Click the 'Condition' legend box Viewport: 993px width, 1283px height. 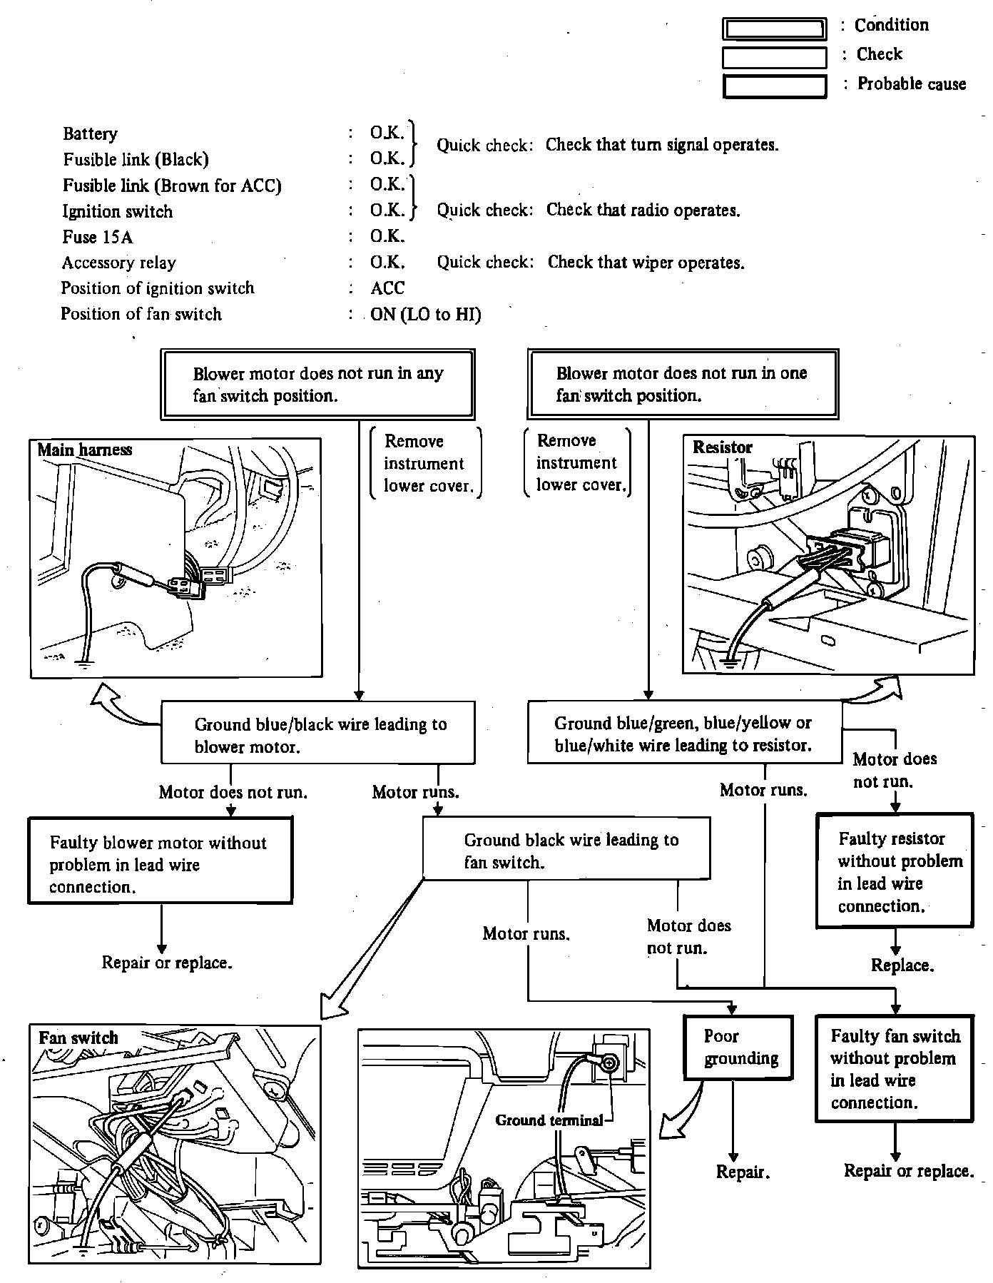tap(774, 29)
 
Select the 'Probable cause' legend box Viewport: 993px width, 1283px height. tap(774, 86)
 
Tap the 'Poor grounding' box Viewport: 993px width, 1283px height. tap(738, 1047)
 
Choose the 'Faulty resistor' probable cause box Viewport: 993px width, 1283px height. tap(895, 871)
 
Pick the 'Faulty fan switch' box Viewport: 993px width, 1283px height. tap(895, 1068)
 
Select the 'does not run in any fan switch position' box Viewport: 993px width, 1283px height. tap(317, 384)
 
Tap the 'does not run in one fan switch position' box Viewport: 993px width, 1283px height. tap(683, 384)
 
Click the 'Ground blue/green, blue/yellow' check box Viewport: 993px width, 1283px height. tap(684, 733)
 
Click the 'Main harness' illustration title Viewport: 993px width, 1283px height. tap(84, 450)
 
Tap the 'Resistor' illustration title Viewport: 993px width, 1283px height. tap(722, 447)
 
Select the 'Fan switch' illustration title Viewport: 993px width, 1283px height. tap(78, 1037)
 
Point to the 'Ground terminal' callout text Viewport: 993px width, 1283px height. tap(549, 1120)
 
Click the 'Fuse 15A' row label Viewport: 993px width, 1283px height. tap(98, 237)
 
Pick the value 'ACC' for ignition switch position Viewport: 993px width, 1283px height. tap(387, 288)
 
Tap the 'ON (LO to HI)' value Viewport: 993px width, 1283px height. tap(425, 315)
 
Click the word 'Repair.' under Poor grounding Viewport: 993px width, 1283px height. tap(743, 1172)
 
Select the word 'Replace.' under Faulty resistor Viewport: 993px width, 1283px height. tap(902, 965)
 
